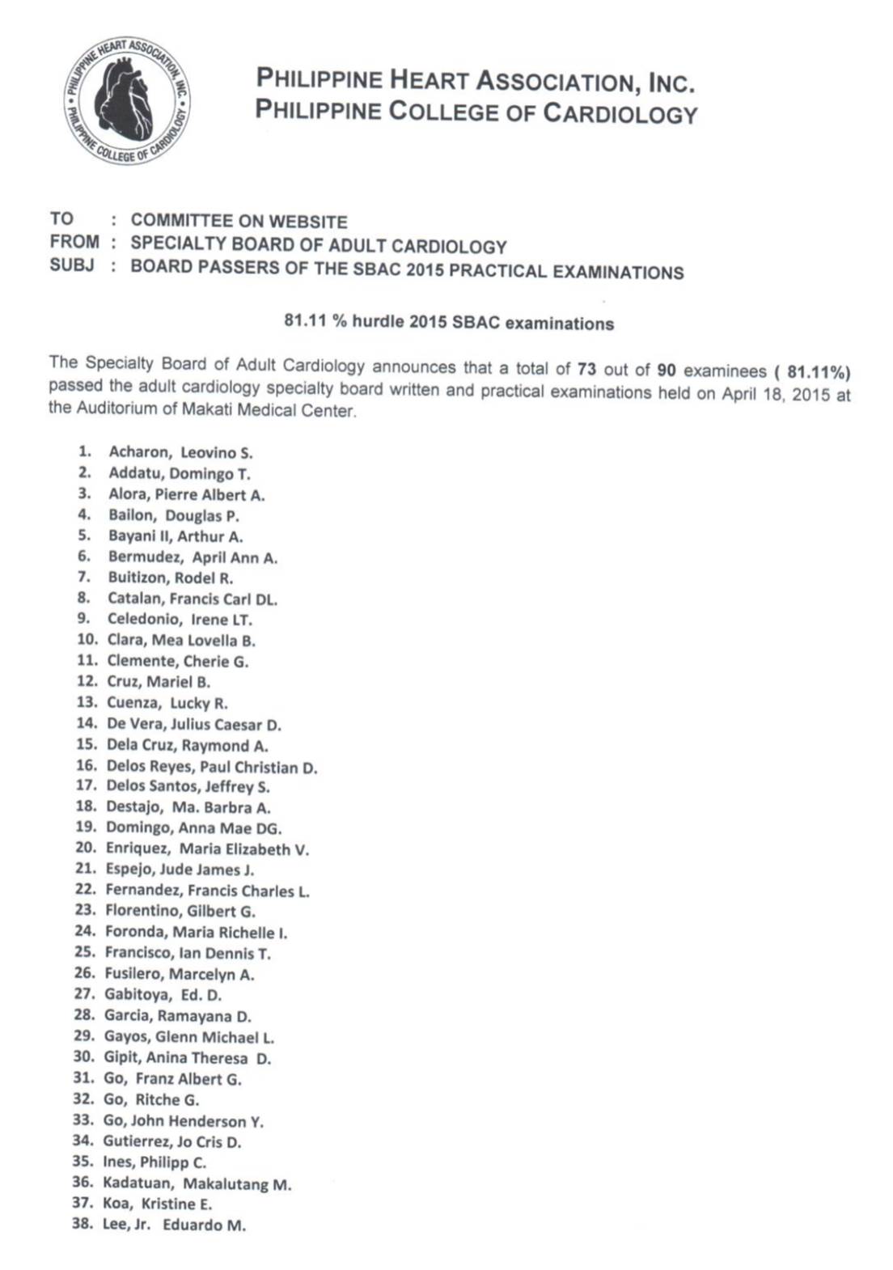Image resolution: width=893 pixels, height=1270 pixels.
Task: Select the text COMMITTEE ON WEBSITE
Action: pos(239,221)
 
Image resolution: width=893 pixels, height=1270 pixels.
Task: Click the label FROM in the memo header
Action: pos(74,242)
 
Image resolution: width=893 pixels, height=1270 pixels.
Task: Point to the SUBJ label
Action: pos(71,265)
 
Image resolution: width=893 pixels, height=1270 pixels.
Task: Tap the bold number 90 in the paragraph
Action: pos(666,370)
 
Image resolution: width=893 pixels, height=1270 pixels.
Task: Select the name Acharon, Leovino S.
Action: pos(180,452)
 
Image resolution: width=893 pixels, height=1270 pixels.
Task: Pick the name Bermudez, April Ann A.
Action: pos(193,557)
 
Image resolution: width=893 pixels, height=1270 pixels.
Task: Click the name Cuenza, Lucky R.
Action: pos(167,703)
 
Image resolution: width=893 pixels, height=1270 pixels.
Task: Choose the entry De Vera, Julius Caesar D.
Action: pos(194,724)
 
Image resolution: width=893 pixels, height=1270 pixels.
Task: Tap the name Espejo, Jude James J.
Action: pos(180,870)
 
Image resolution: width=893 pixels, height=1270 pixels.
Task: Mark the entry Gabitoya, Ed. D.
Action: pos(163,995)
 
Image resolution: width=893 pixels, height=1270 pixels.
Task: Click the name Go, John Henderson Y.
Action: pos(183,1121)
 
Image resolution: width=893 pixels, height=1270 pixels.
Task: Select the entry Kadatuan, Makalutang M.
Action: pos(197,1184)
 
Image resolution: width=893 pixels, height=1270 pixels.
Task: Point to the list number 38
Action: pos(83,1224)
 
